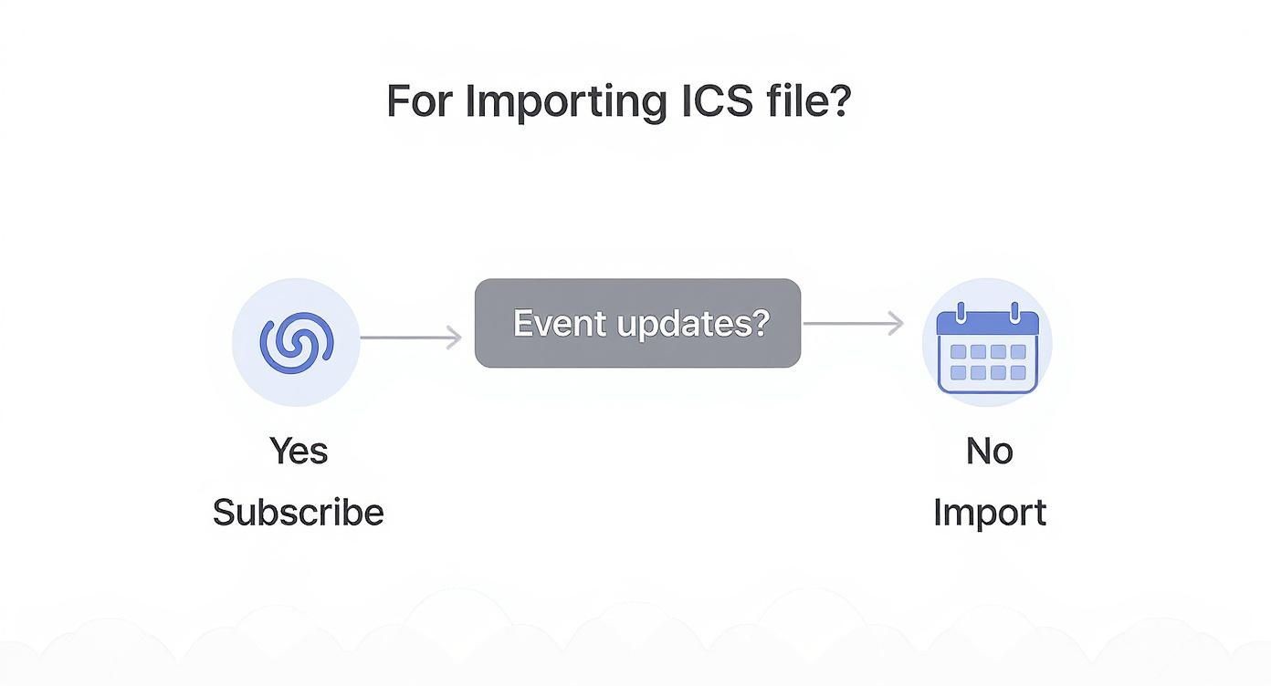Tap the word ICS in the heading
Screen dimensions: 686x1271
pyautogui.click(x=717, y=101)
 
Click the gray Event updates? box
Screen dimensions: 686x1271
pyautogui.click(x=637, y=323)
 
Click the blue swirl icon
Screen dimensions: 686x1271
pyautogui.click(x=296, y=342)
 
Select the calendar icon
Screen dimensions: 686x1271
pyautogui.click(x=988, y=349)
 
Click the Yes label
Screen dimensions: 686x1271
pyautogui.click(x=299, y=451)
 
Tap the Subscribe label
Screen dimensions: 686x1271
pyautogui.click(x=299, y=513)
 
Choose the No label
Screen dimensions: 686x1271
pyautogui.click(x=990, y=451)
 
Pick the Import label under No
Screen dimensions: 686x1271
pyautogui.click(x=990, y=513)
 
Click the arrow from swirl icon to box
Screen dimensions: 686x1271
pyautogui.click(x=411, y=338)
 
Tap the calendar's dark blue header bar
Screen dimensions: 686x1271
pyautogui.click(x=988, y=325)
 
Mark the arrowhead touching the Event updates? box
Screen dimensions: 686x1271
pyautogui.click(x=454, y=338)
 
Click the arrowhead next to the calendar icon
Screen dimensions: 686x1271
pyautogui.click(x=896, y=323)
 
